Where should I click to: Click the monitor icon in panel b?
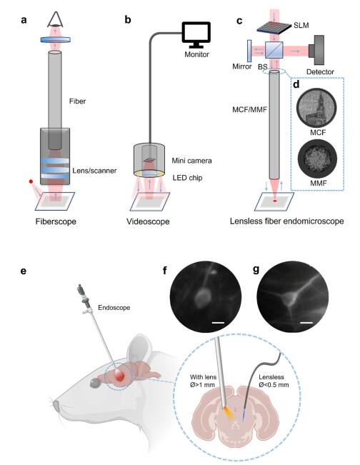click(x=196, y=34)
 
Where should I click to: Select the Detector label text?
click(x=320, y=71)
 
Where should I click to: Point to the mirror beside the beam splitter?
click(x=249, y=51)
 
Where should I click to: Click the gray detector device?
click(x=316, y=50)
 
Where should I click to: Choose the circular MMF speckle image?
click(x=317, y=159)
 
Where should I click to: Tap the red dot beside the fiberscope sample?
click(x=31, y=181)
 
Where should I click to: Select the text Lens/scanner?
click(x=94, y=171)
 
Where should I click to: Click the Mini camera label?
click(x=191, y=161)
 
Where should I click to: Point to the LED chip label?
click(x=187, y=178)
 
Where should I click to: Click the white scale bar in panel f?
click(x=218, y=322)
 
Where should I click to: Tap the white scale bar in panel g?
click(x=307, y=322)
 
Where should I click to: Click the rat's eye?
click(x=95, y=384)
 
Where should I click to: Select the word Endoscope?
click(x=114, y=308)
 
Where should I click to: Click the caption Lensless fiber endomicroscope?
click(x=286, y=221)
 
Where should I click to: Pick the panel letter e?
click(x=24, y=271)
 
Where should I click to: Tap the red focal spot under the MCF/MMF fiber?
click(x=275, y=201)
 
